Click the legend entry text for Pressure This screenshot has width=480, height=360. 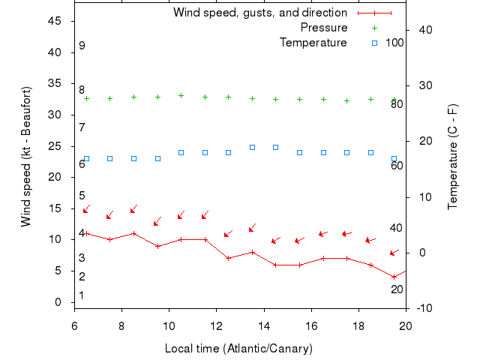click(x=324, y=28)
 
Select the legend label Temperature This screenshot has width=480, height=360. click(x=313, y=43)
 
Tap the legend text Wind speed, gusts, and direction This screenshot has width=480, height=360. click(x=260, y=13)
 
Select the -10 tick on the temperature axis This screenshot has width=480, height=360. click(x=424, y=308)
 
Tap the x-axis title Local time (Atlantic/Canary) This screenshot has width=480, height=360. click(x=239, y=349)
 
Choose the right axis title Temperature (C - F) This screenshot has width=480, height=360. click(x=453, y=157)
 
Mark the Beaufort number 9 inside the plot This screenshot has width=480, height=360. click(x=82, y=46)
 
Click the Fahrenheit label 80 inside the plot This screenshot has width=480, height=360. click(x=397, y=103)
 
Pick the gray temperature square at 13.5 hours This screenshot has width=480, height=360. click(x=253, y=147)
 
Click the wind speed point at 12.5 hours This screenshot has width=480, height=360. click(x=229, y=258)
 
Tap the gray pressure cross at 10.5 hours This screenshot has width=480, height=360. click(x=181, y=95)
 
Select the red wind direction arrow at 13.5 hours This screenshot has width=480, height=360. click(x=253, y=227)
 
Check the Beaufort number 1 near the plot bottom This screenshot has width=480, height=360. click(x=82, y=295)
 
